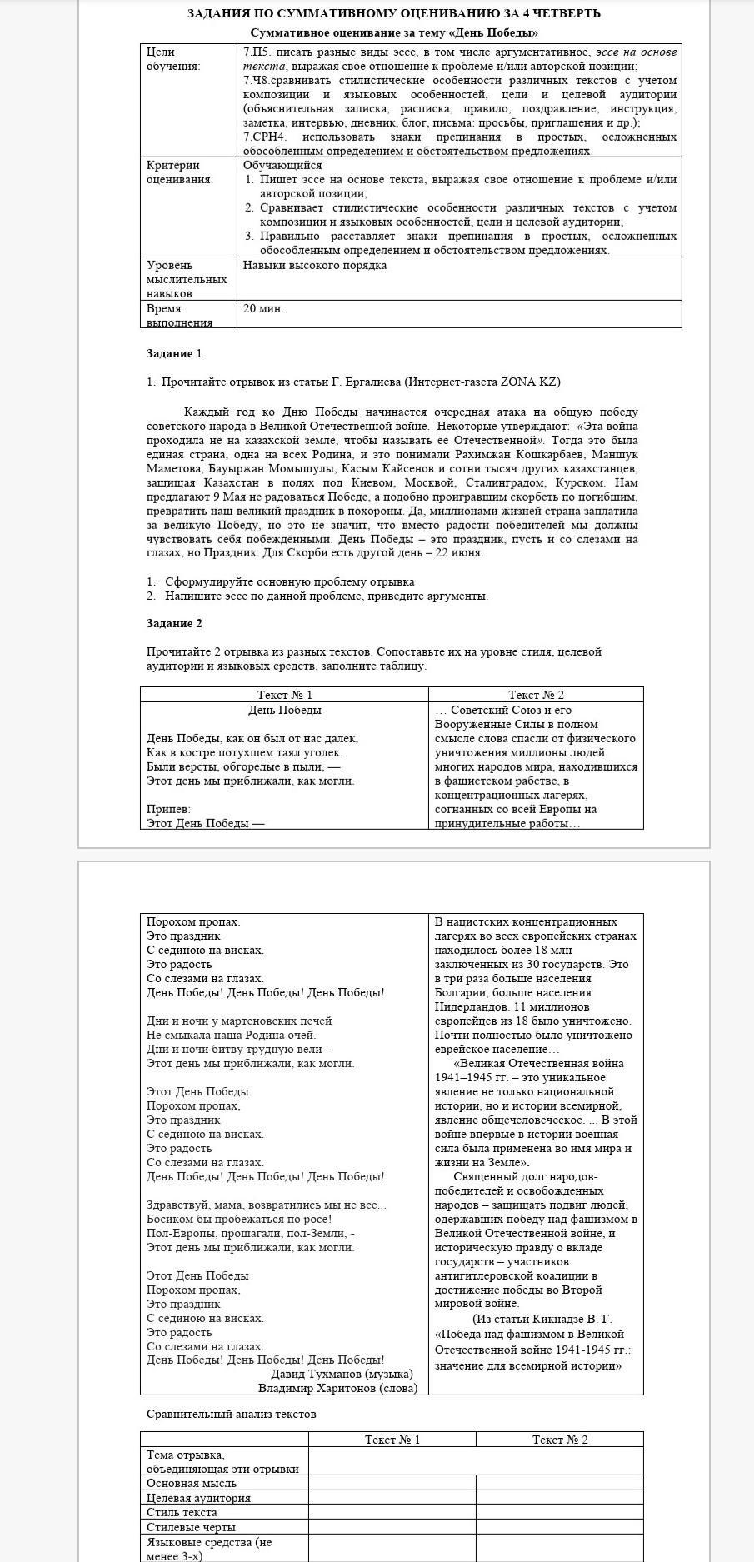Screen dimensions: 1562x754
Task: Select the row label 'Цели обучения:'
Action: (173, 59)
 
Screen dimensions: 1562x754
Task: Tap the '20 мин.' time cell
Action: (263, 309)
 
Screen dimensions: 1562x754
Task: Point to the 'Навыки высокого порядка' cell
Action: (315, 266)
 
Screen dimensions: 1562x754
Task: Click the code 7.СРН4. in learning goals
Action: (263, 137)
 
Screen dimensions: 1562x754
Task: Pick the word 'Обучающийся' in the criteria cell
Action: (282, 165)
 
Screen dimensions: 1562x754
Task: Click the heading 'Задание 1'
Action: (174, 354)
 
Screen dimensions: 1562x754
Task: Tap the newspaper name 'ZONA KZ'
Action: (530, 382)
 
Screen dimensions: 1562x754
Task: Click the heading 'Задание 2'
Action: (174, 624)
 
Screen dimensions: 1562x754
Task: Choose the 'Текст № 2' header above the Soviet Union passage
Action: (536, 695)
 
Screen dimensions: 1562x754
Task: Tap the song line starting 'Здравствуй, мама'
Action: (266, 1205)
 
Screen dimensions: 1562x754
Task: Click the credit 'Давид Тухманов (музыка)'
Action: (342, 1374)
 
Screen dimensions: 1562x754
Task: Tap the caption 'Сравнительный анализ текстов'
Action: (231, 1414)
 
